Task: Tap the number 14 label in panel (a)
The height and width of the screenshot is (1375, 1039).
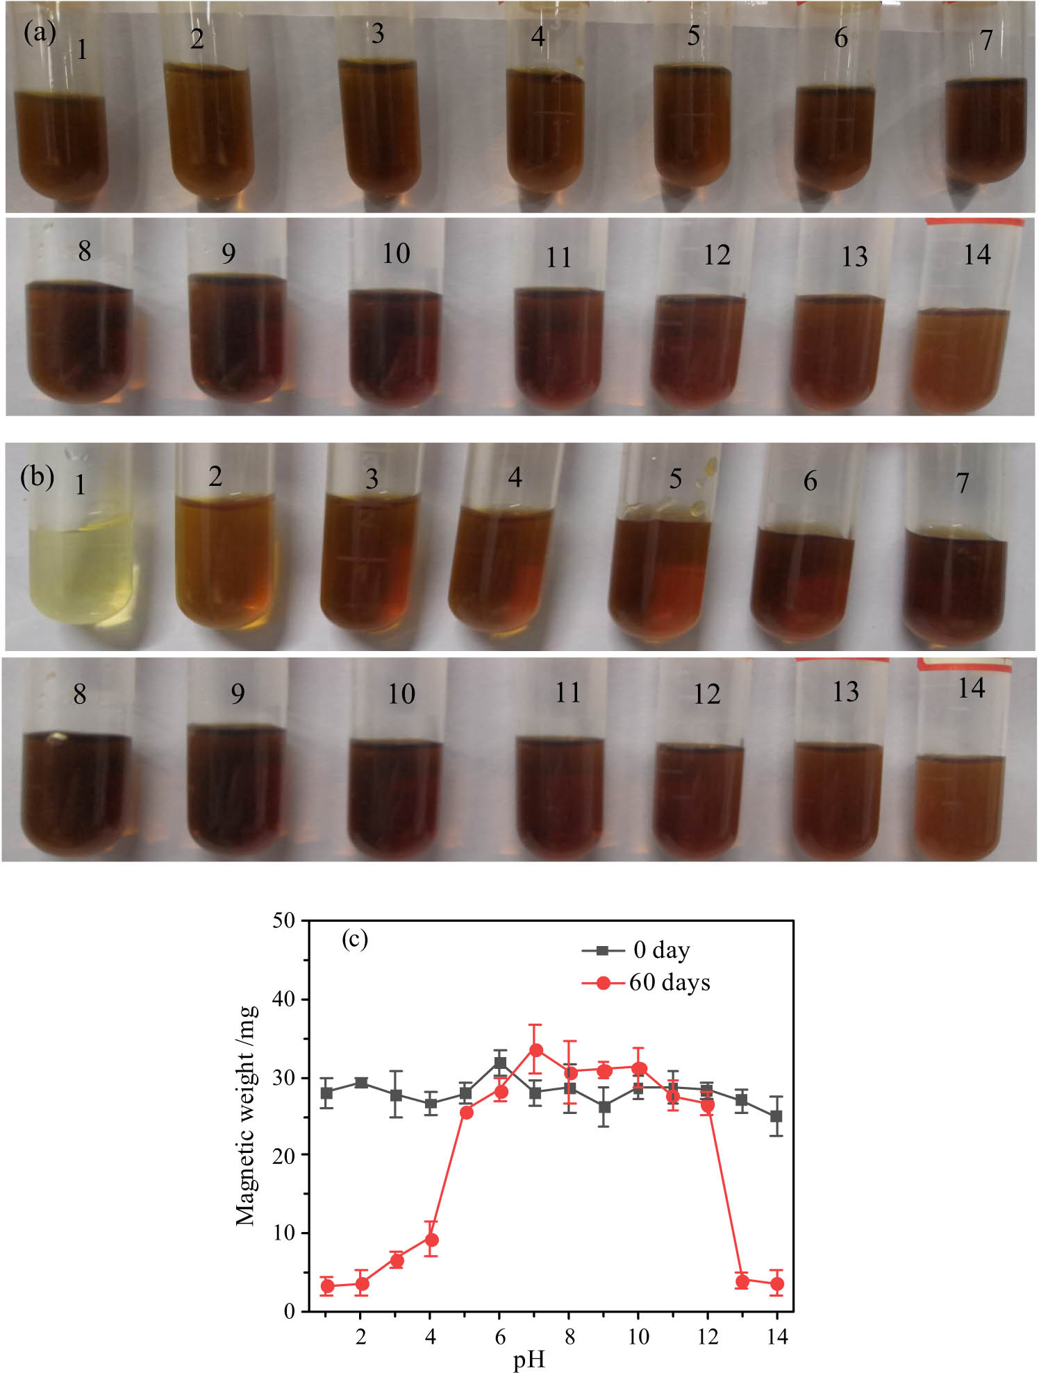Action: click(x=976, y=255)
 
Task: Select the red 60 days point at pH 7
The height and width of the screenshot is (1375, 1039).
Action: click(x=535, y=1050)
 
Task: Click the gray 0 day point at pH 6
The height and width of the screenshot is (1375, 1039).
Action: click(x=500, y=1063)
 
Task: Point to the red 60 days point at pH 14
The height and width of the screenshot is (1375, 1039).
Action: click(x=777, y=1283)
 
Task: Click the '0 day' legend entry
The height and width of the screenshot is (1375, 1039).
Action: click(x=660, y=950)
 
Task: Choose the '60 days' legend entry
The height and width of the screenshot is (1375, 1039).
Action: click(x=669, y=983)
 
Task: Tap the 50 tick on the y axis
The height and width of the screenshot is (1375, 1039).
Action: click(x=284, y=921)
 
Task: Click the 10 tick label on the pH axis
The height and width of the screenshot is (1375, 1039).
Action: click(x=638, y=1337)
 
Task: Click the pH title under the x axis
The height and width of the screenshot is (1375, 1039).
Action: click(x=529, y=1361)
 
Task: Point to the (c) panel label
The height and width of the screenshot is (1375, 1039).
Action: click(x=354, y=940)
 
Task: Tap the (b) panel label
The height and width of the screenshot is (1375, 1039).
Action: click(x=37, y=477)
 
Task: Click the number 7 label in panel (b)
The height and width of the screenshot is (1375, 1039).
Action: click(x=962, y=483)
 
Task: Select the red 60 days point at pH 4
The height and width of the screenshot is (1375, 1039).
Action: click(x=431, y=1240)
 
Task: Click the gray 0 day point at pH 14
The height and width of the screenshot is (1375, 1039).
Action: click(x=776, y=1116)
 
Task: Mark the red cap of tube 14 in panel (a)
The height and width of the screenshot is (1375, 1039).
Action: click(x=974, y=223)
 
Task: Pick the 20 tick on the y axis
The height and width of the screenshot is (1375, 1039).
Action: click(x=284, y=1155)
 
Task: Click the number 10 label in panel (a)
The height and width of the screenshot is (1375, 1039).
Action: click(x=396, y=254)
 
